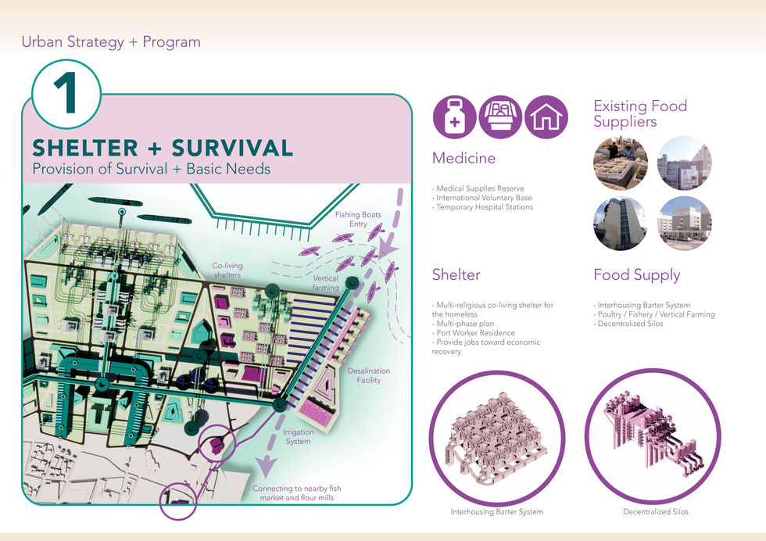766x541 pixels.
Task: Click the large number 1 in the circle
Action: coord(66,93)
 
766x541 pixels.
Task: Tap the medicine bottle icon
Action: coord(454,117)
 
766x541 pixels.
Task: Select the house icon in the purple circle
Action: coord(546,117)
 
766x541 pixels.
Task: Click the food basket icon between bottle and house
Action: coord(500,117)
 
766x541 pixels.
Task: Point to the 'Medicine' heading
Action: coord(464,158)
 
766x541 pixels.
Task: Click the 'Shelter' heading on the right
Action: coord(456,274)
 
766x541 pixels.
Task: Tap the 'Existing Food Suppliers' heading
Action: coord(640,113)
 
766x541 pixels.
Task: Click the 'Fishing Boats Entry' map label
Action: coord(358,219)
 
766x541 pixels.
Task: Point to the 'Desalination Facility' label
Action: coord(368,375)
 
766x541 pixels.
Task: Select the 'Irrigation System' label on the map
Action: coord(298,436)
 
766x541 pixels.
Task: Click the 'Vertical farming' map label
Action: coord(325,283)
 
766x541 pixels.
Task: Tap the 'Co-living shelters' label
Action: coord(227,270)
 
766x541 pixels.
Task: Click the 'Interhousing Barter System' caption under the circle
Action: coord(497,511)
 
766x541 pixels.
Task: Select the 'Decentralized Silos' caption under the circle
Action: coord(656,511)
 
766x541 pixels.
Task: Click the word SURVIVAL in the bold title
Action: coord(232,148)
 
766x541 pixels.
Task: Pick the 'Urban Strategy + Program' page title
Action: coord(111,42)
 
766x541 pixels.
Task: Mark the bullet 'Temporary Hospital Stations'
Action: coord(483,207)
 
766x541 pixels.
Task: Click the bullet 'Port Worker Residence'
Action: coord(474,333)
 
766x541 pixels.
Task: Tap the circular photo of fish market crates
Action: coord(621,163)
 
